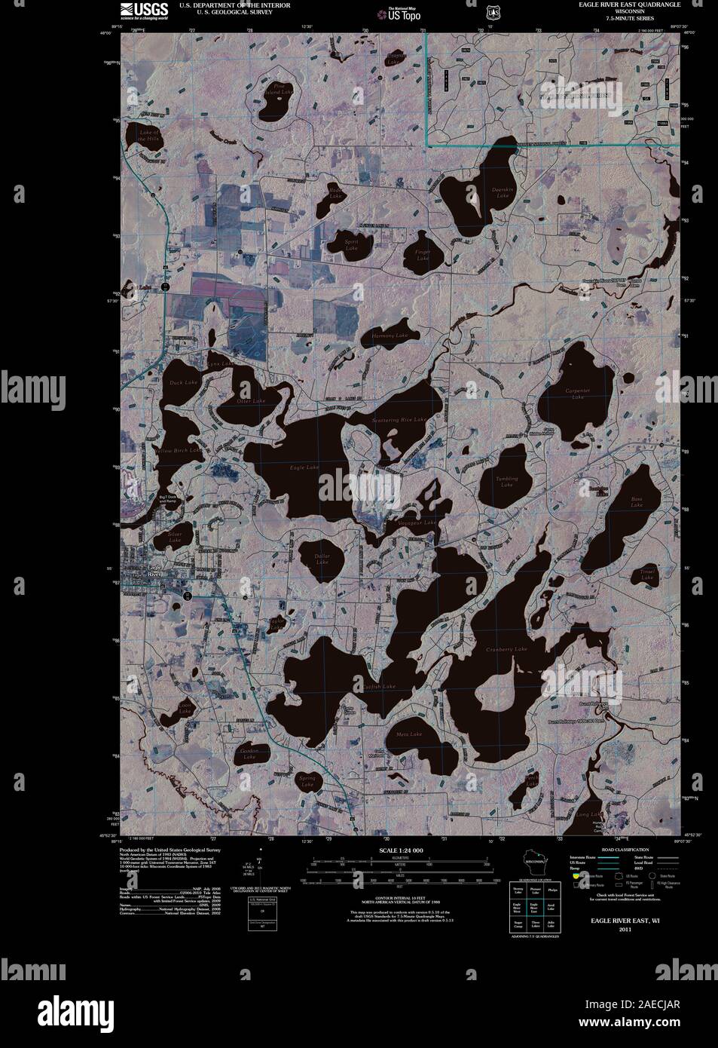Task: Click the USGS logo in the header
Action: click(142, 9)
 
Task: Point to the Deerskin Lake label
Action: click(503, 193)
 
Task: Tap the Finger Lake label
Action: click(423, 256)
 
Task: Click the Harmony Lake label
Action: click(390, 336)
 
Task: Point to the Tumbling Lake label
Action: click(506, 482)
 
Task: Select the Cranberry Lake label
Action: click(506, 649)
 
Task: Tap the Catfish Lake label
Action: click(378, 687)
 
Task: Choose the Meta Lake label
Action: click(409, 734)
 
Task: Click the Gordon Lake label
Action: click(249, 754)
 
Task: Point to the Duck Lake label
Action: click(183, 383)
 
